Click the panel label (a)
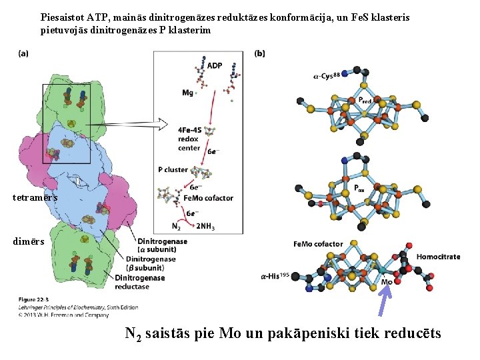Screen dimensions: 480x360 click(23, 54)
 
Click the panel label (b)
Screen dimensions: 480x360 click(261, 53)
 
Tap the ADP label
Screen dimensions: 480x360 click(215, 65)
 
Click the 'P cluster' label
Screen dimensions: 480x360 click(173, 169)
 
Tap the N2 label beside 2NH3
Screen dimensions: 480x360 click(177, 226)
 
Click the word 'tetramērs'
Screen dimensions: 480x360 click(35, 198)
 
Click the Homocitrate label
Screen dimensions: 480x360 click(438, 257)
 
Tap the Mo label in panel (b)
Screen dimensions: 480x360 click(387, 282)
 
